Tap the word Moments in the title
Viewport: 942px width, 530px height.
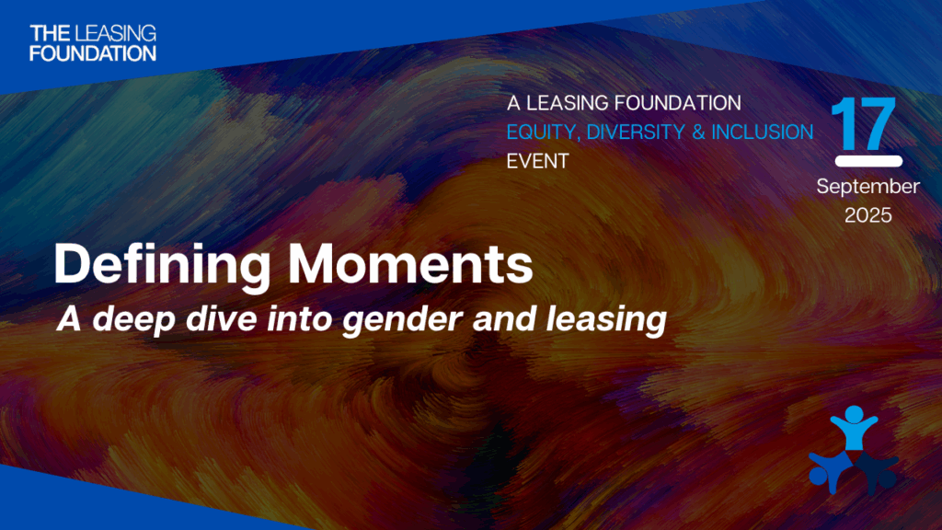click(410, 263)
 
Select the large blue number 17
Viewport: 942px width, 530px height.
click(864, 124)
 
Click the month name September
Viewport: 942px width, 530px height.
click(868, 186)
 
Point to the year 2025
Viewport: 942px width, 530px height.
click(868, 215)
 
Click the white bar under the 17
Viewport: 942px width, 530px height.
click(868, 161)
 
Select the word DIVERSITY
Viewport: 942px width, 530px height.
click(636, 132)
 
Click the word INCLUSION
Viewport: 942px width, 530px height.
click(763, 132)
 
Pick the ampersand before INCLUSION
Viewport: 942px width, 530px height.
click(698, 132)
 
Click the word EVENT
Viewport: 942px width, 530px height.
click(537, 161)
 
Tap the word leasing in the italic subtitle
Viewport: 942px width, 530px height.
click(606, 319)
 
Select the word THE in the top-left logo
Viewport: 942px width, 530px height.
click(51, 33)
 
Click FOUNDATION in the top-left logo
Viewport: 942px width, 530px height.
click(93, 52)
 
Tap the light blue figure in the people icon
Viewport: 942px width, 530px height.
click(854, 428)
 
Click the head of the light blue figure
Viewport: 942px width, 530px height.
click(854, 414)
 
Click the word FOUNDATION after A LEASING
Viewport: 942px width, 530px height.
click(678, 103)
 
